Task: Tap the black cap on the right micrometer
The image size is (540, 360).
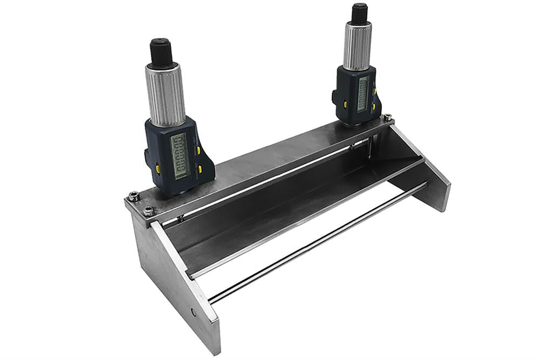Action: coord(359,14)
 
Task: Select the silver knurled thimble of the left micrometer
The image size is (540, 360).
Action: coord(165,94)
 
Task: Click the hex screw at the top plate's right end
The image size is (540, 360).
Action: coord(387,117)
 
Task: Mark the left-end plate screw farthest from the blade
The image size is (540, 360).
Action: coord(133,198)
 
